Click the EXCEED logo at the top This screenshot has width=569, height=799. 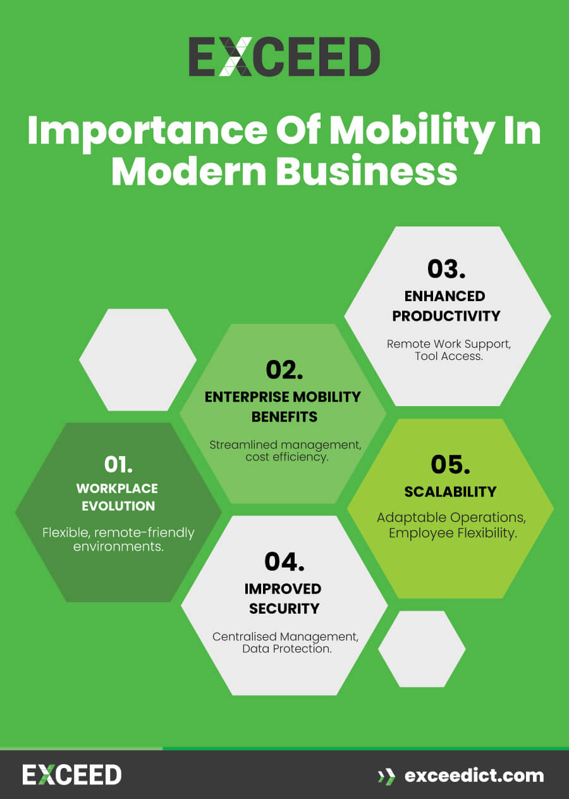(284, 57)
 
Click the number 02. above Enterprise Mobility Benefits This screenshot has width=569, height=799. (284, 370)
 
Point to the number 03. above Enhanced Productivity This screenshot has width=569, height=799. (446, 268)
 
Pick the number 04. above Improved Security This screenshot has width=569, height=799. (284, 561)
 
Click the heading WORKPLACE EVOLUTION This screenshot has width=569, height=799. (117, 497)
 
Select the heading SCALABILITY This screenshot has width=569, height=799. (450, 492)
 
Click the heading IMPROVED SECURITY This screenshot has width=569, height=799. (284, 598)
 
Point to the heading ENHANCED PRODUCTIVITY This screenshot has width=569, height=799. (446, 306)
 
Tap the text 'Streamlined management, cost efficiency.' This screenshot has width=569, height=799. (286, 450)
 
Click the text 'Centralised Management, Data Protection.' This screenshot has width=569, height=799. (286, 643)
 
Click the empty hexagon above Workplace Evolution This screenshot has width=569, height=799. (138, 359)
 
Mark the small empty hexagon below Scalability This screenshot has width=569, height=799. (422, 648)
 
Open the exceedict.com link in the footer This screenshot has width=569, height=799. (474, 775)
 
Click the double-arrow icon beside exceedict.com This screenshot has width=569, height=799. (386, 776)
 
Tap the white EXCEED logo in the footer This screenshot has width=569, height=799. (72, 775)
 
